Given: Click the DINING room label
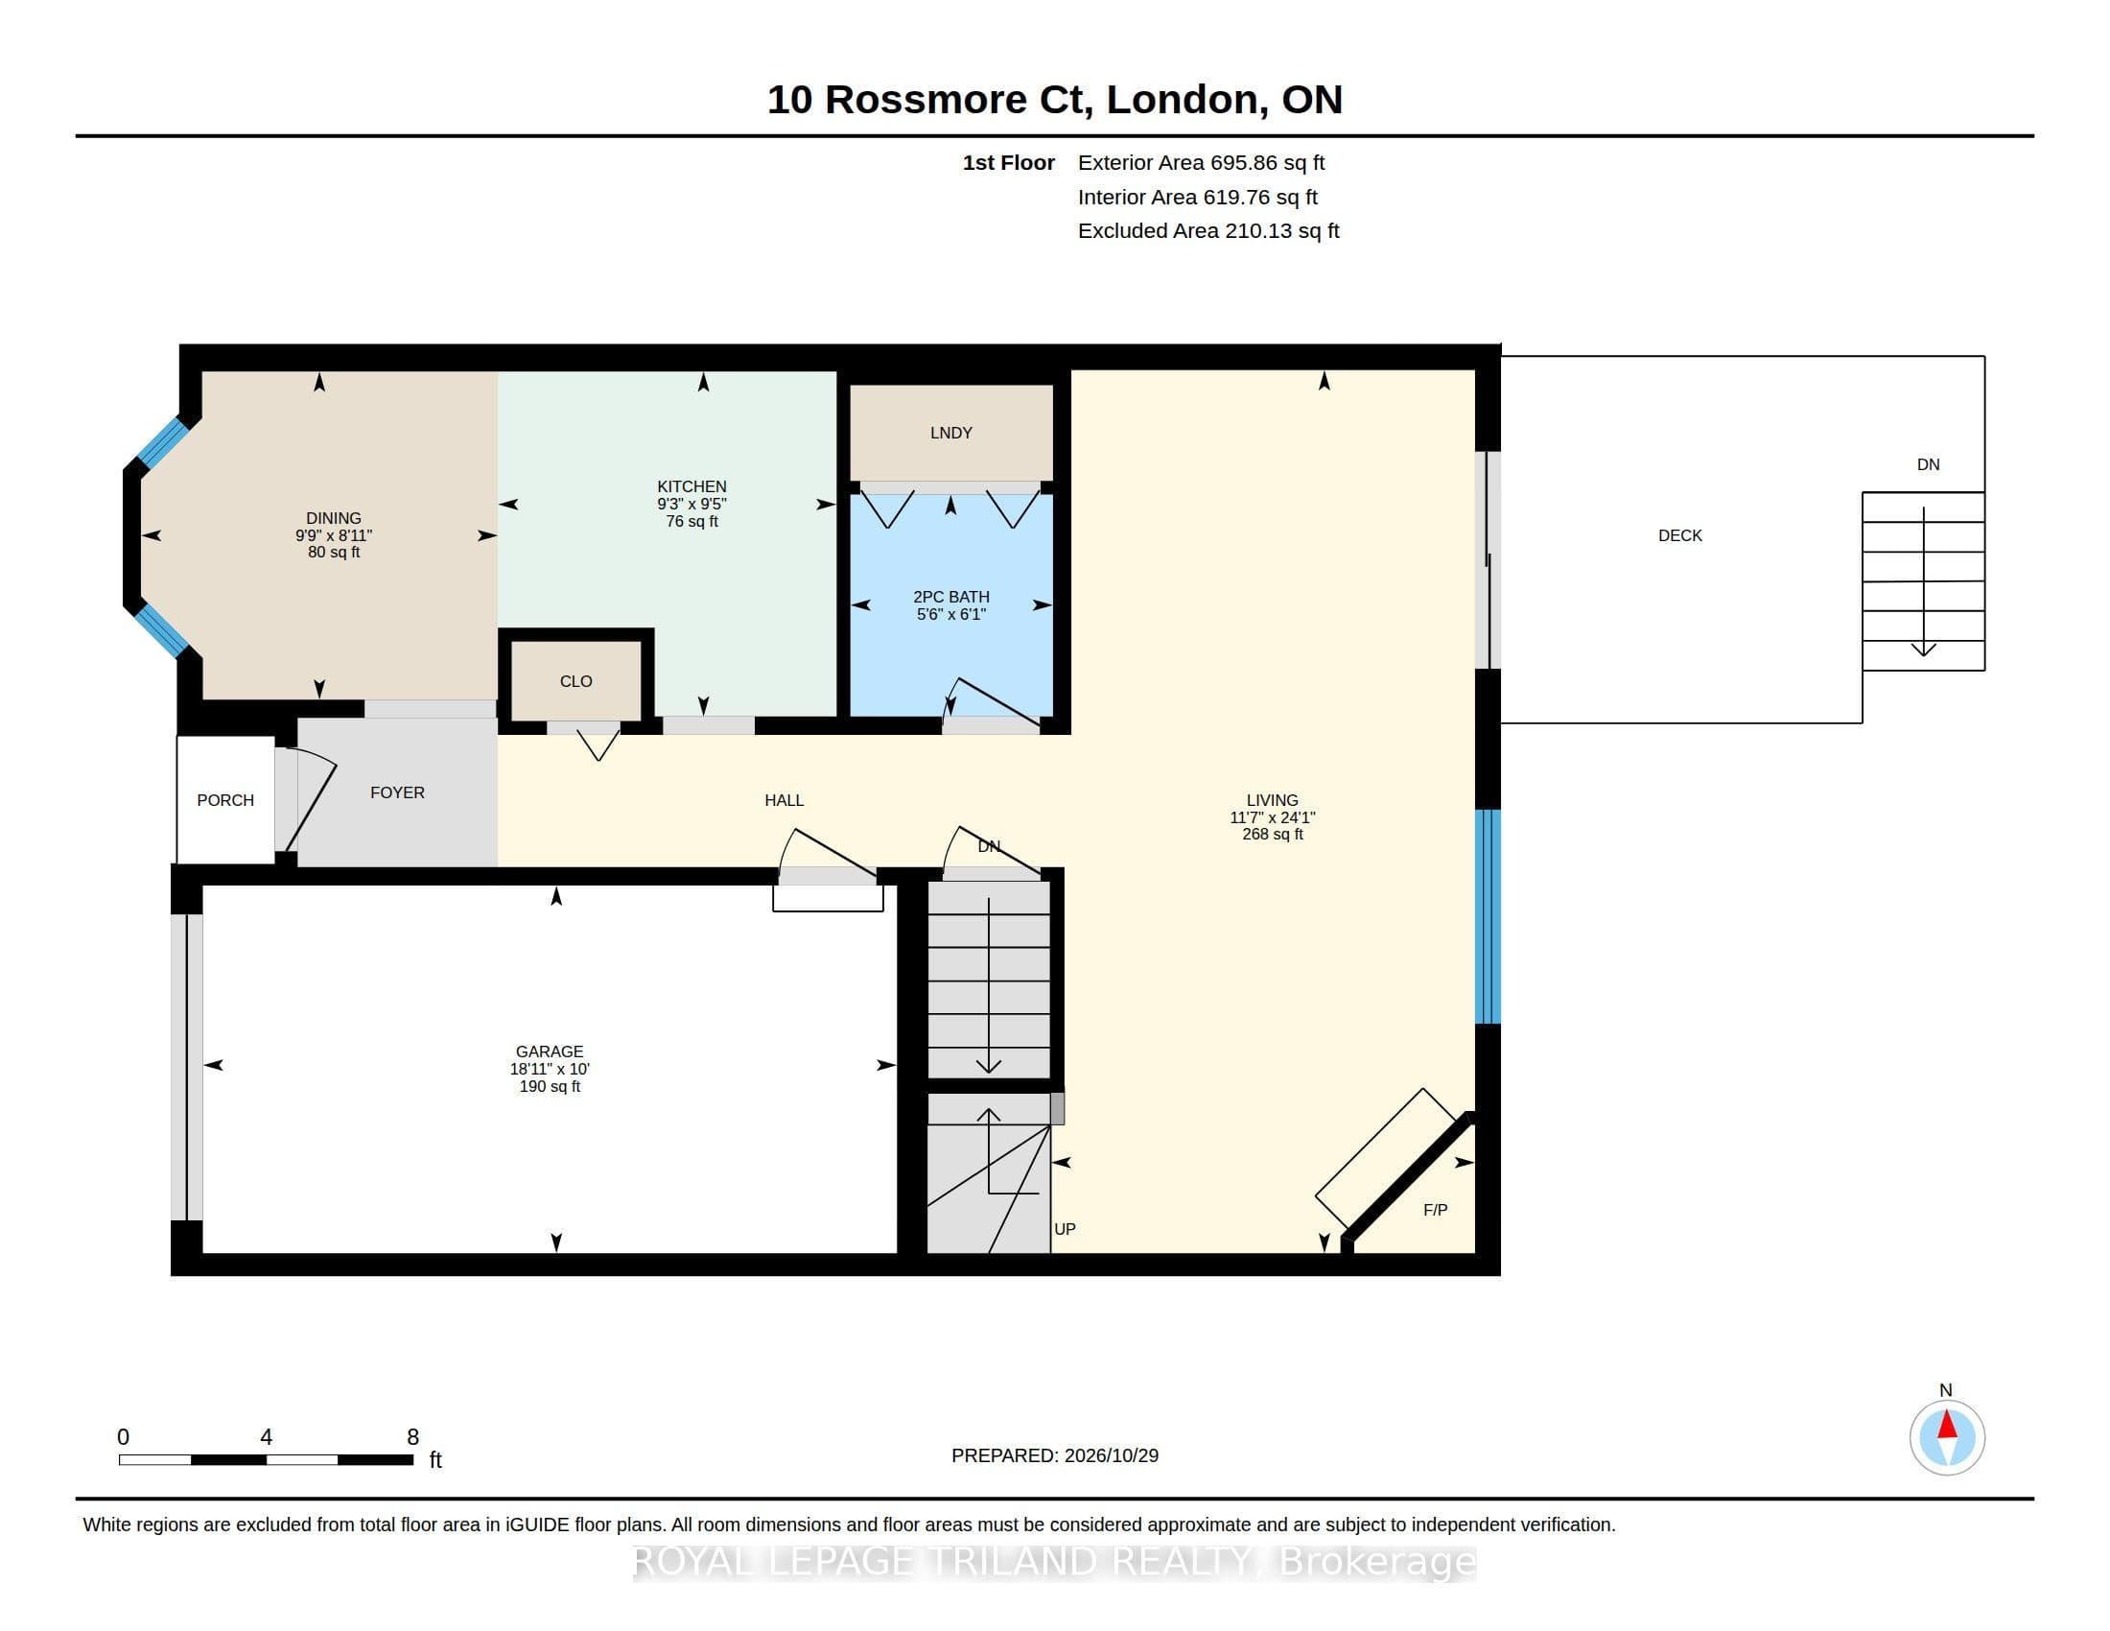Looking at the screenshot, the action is [334, 518].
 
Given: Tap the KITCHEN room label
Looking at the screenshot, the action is [692, 486].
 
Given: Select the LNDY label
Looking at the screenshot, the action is [950, 433].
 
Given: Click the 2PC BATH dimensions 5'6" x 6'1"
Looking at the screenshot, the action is [950, 614].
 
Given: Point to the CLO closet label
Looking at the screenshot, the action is [575, 681].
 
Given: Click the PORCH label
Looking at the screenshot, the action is [225, 800].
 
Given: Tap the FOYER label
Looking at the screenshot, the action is [397, 792].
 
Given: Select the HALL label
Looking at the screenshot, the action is [784, 800].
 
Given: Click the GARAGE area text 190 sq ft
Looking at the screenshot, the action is [550, 1086].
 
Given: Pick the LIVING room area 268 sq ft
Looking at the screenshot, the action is [1273, 834].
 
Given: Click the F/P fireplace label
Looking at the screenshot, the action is [1435, 1210].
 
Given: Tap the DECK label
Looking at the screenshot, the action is [1680, 535].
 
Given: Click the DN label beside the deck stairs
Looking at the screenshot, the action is [1929, 464].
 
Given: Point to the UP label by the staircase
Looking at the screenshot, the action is [1065, 1229].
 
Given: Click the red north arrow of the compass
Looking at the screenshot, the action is [1947, 1424].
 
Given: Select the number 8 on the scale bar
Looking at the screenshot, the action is [412, 1437].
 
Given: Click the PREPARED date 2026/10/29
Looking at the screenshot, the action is [1110, 1455].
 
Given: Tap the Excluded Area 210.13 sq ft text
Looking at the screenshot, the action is [1208, 231].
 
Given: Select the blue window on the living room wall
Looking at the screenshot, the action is [1488, 916].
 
